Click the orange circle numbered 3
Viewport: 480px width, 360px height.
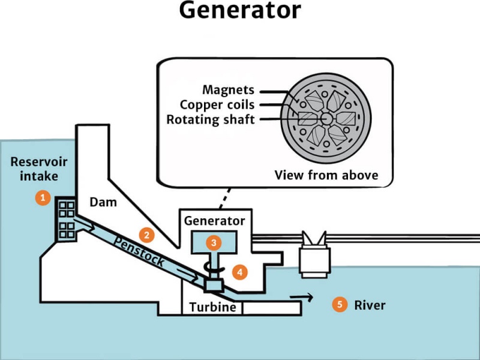click(214, 242)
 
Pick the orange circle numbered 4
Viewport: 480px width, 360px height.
click(240, 271)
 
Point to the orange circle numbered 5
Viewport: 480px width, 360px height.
click(340, 305)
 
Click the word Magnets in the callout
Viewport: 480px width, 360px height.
click(228, 90)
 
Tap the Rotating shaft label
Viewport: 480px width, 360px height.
click(210, 119)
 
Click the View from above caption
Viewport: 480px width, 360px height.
click(326, 175)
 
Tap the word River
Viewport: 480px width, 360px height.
click(370, 305)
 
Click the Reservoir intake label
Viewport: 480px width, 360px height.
click(39, 169)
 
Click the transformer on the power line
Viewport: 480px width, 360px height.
click(315, 256)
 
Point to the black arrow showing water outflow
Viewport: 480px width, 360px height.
click(302, 296)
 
